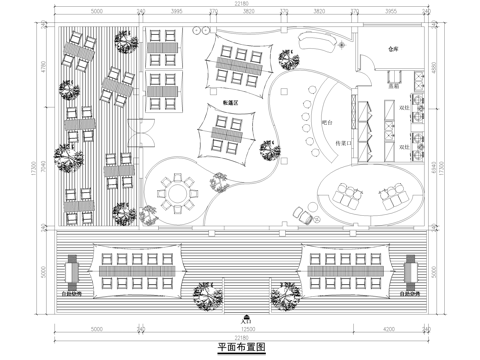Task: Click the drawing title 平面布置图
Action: (240, 348)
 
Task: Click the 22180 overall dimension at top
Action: (241, 5)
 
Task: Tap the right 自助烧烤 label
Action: (410, 295)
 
